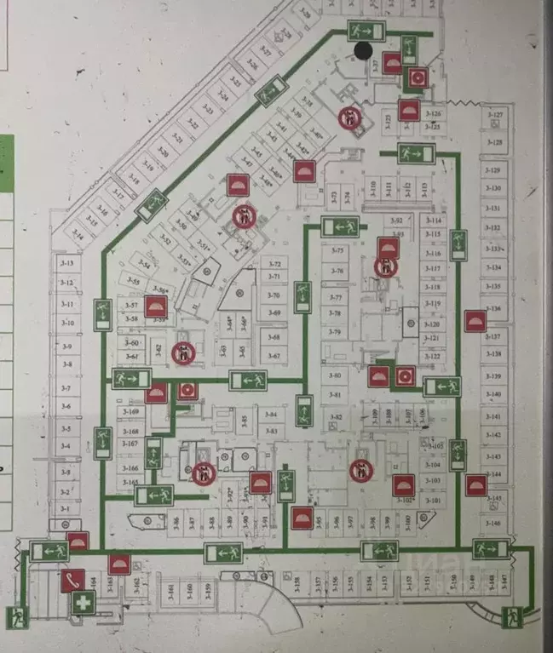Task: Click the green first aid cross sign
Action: (x=82, y=604)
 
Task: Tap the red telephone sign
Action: (x=72, y=581)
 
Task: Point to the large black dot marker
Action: (x=363, y=50)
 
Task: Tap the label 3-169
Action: (x=130, y=412)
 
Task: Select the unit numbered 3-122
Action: (x=433, y=356)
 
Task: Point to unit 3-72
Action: (x=273, y=265)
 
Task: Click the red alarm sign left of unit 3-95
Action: (x=300, y=518)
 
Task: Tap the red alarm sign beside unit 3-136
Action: (x=475, y=321)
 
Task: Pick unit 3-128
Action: (x=494, y=143)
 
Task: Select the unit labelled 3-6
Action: (x=67, y=407)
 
